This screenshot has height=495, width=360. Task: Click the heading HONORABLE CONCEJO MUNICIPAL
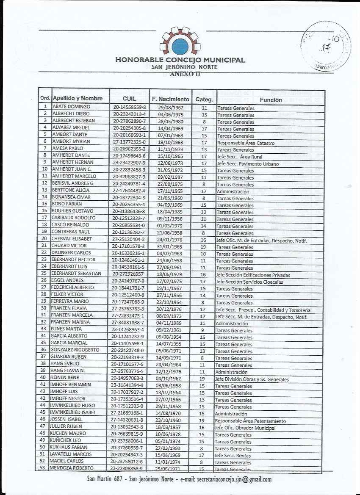pyautogui.click(x=180, y=60)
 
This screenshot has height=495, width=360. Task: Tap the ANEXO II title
pyautogui.click(x=185, y=74)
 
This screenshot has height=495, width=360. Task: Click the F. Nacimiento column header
pyautogui.click(x=171, y=99)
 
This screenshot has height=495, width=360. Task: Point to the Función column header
pyautogui.click(x=271, y=100)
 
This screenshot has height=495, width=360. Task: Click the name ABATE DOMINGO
pyautogui.click(x=71, y=107)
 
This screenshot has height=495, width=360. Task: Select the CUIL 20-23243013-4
pyautogui.click(x=129, y=114)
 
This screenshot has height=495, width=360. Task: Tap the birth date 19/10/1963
pyautogui.click(x=170, y=142)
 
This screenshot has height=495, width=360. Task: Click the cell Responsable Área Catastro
pyautogui.click(x=246, y=143)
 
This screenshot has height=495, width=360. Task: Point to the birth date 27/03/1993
pyautogui.click(x=169, y=448)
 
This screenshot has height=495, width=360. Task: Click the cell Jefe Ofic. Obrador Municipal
pyautogui.click(x=245, y=428)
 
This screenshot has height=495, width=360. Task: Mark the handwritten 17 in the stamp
pyautogui.click(x=325, y=48)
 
